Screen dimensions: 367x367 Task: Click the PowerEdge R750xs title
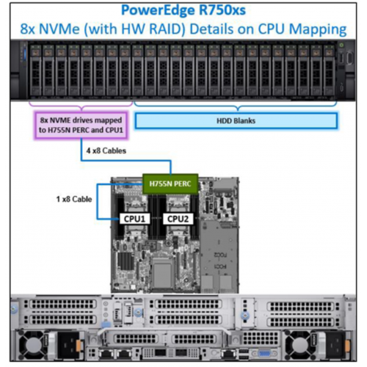pyautogui.click(x=183, y=10)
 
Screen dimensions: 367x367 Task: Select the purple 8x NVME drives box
pyautogui.click(x=81, y=126)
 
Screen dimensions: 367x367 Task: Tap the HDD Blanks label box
pyautogui.click(x=236, y=120)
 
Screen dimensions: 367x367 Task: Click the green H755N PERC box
pyautogui.click(x=170, y=183)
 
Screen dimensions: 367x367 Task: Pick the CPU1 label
pyautogui.click(x=134, y=219)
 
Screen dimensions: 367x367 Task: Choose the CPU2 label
pyautogui.click(x=178, y=219)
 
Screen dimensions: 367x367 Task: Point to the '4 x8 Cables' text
pyautogui.click(x=106, y=150)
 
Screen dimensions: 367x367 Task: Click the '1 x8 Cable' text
pyautogui.click(x=74, y=199)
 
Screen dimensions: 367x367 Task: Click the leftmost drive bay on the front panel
pyautogui.click(x=35, y=70)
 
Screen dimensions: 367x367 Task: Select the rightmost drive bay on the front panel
pyautogui.click(x=329, y=70)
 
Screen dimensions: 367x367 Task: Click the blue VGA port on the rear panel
pyautogui.click(x=264, y=354)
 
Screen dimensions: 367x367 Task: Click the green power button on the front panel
pyautogui.click(x=341, y=45)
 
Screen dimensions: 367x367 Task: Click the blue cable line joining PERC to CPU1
pyautogui.click(x=98, y=201)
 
